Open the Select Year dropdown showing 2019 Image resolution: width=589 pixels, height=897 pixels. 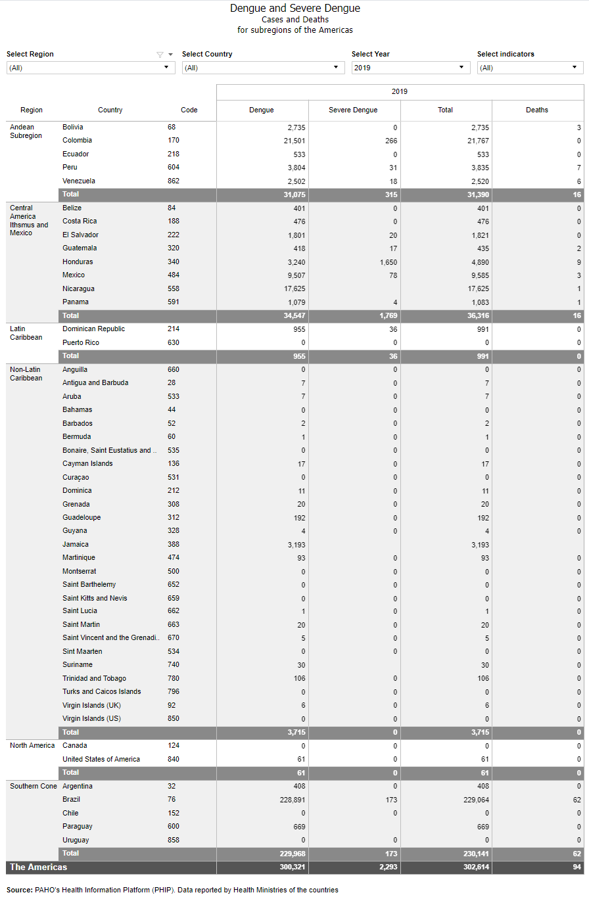coord(410,68)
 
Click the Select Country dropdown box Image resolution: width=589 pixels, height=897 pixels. coord(263,68)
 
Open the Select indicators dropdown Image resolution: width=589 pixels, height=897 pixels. coord(530,68)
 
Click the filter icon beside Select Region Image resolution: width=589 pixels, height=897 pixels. coord(160,55)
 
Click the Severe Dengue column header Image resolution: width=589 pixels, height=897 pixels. coord(353,110)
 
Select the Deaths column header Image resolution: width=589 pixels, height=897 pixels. coord(536,110)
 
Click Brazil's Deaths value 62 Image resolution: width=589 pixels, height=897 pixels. coord(577,800)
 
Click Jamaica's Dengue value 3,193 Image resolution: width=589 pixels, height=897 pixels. coord(294,545)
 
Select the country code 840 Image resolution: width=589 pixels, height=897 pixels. coord(174,759)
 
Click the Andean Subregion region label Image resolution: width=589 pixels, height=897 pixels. coord(26,131)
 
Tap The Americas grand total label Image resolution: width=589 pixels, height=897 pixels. coord(38,867)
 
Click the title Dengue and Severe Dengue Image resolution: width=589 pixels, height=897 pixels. coord(294,9)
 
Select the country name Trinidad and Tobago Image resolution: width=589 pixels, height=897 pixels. coord(94,678)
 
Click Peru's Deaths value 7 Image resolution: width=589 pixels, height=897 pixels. coord(578,168)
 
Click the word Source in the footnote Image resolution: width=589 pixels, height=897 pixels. coord(19,890)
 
